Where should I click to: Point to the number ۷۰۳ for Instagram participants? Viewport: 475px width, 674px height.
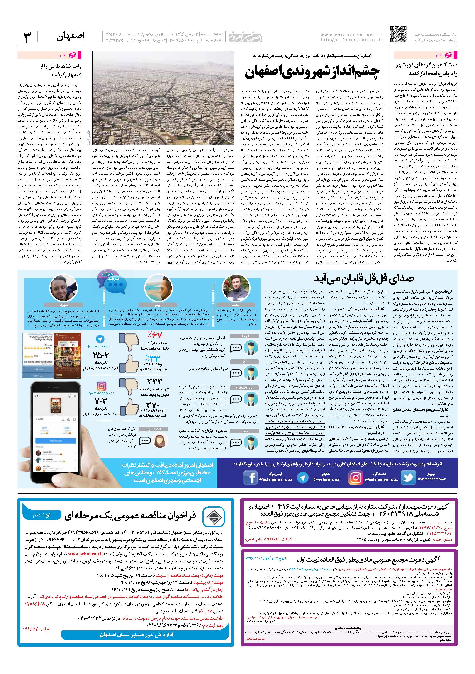(101, 401)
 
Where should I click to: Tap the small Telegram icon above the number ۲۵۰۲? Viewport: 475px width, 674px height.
(101, 340)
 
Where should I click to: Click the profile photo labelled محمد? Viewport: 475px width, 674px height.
(236, 286)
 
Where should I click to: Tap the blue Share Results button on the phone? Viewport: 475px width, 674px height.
(56, 441)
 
